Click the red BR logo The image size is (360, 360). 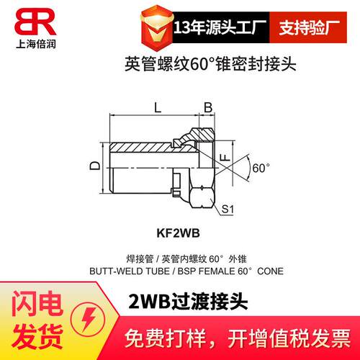tap(35, 22)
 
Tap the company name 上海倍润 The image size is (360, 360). tap(36, 44)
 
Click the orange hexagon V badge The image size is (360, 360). tap(157, 28)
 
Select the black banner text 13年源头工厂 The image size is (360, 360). tap(220, 27)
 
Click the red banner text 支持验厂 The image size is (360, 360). tap(309, 27)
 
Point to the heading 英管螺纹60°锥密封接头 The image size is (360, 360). tap(210, 64)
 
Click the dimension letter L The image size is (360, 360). tap(158, 108)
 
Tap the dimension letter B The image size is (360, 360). tap(208, 108)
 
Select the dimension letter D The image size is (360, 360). tap(95, 166)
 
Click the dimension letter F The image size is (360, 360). tap(225, 158)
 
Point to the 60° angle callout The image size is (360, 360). tap(261, 168)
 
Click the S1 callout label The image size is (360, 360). tap(228, 209)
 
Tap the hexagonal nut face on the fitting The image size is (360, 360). tap(202, 198)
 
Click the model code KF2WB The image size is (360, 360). tap(178, 233)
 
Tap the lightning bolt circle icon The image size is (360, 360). tap(89, 320)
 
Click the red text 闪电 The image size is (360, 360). tap(37, 303)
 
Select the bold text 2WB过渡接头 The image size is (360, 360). tap(188, 302)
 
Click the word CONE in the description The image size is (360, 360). tap(270, 271)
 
